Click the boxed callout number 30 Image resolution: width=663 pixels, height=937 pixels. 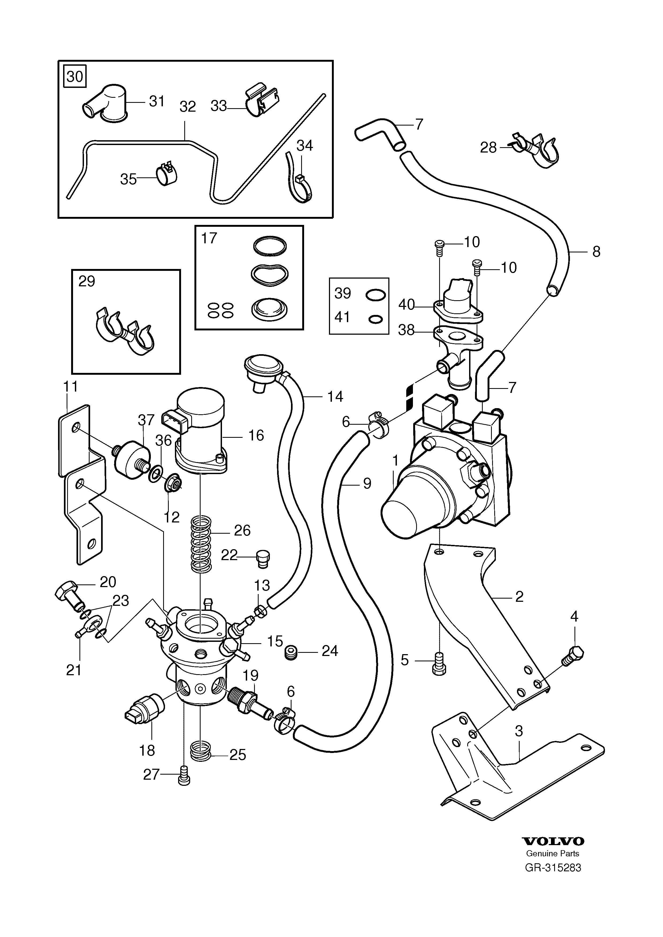pyautogui.click(x=75, y=76)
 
